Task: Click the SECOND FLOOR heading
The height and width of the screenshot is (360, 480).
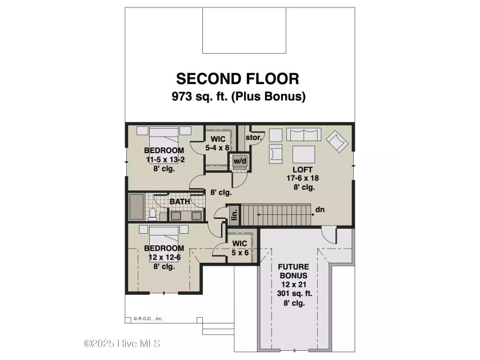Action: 238,79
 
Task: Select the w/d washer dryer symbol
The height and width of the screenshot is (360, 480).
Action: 239,161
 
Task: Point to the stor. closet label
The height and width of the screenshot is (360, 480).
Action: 254,138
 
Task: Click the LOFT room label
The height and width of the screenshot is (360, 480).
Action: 302,170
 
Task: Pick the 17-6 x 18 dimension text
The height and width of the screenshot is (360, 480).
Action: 302,178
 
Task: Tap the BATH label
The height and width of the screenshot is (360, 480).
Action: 179,201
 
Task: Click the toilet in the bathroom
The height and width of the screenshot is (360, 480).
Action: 153,214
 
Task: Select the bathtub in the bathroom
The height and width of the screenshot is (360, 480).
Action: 137,207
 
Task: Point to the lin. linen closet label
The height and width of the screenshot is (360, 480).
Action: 235,215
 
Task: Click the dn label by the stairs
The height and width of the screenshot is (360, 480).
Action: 320,209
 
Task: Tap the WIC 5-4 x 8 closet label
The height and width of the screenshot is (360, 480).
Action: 217,143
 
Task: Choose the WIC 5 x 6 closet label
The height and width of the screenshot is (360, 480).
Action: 240,248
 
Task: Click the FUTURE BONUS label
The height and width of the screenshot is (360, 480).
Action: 293,271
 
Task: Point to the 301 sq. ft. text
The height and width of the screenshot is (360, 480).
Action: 294,294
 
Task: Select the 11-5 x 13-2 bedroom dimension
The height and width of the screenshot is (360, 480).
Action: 165,159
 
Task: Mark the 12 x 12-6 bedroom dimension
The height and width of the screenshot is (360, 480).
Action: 165,257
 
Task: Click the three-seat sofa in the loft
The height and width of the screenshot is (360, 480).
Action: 303,134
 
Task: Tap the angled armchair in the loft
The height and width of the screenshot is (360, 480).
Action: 337,141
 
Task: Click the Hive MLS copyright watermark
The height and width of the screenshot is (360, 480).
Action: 122,343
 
